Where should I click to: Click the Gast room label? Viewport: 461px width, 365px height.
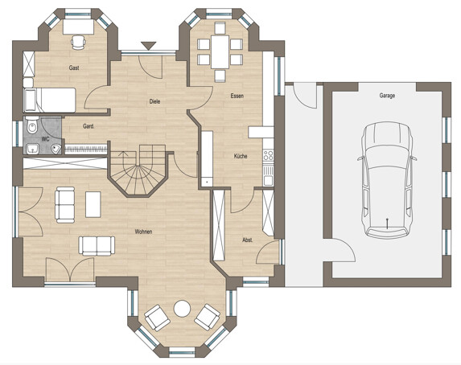pyautogui.click(x=74, y=68)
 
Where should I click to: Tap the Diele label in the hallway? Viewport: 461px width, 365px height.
pyautogui.click(x=154, y=101)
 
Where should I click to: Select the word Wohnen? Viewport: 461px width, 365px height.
pyautogui.click(x=143, y=232)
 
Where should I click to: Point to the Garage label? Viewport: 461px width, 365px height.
pyautogui.click(x=387, y=96)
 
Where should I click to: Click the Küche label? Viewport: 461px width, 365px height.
pyautogui.click(x=241, y=156)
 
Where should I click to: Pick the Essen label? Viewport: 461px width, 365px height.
pyautogui.click(x=237, y=96)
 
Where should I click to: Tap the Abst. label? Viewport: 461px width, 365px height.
pyautogui.click(x=248, y=240)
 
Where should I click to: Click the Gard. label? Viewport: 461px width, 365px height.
pyautogui.click(x=88, y=126)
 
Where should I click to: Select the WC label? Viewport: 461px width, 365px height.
pyautogui.click(x=45, y=139)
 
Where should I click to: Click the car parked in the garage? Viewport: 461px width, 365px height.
pyautogui.click(x=387, y=180)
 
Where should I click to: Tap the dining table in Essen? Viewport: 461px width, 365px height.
pyautogui.click(x=220, y=52)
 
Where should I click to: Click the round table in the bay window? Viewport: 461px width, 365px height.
pyautogui.click(x=182, y=309)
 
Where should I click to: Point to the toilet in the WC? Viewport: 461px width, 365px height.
pyautogui.click(x=31, y=125)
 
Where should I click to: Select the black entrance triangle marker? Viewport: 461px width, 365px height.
pyautogui.click(x=148, y=46)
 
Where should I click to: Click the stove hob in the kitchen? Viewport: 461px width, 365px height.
pyautogui.click(x=268, y=155)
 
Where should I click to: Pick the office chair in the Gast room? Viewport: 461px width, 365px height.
pyautogui.click(x=78, y=42)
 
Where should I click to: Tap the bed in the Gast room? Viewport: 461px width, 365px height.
pyautogui.click(x=49, y=100)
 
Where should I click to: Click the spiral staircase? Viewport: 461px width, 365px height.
pyautogui.click(x=138, y=170)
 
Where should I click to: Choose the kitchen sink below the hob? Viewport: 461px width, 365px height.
pyautogui.click(x=268, y=175)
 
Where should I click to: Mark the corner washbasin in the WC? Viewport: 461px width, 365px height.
pyautogui.click(x=56, y=149)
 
